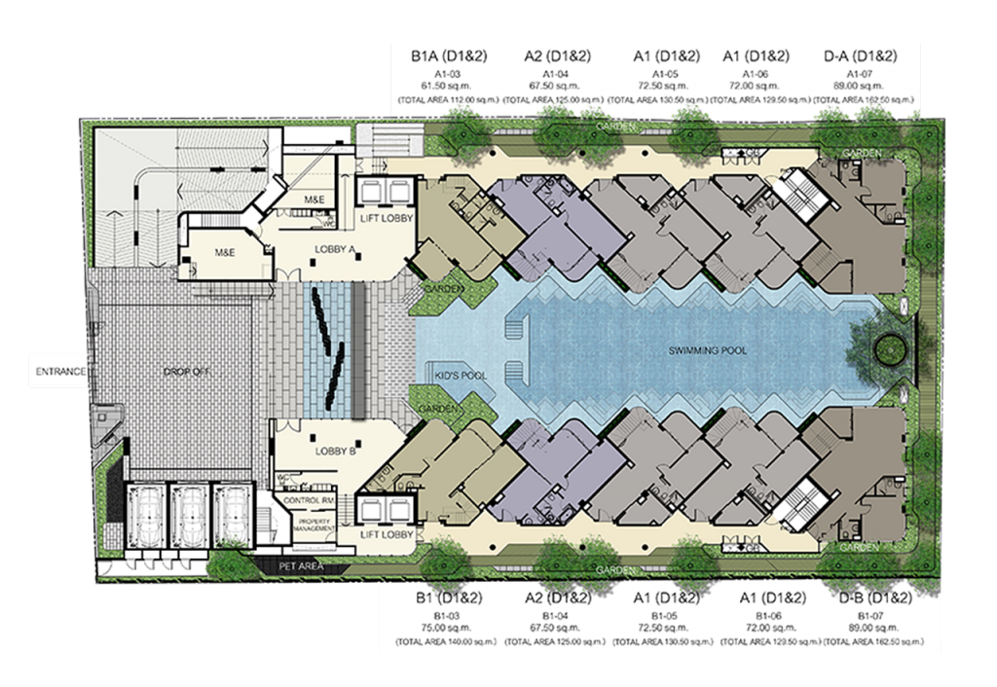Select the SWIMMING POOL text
pyautogui.click(x=707, y=350)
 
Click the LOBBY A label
pyautogui.click(x=333, y=249)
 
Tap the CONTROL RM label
pyautogui.click(x=308, y=500)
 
